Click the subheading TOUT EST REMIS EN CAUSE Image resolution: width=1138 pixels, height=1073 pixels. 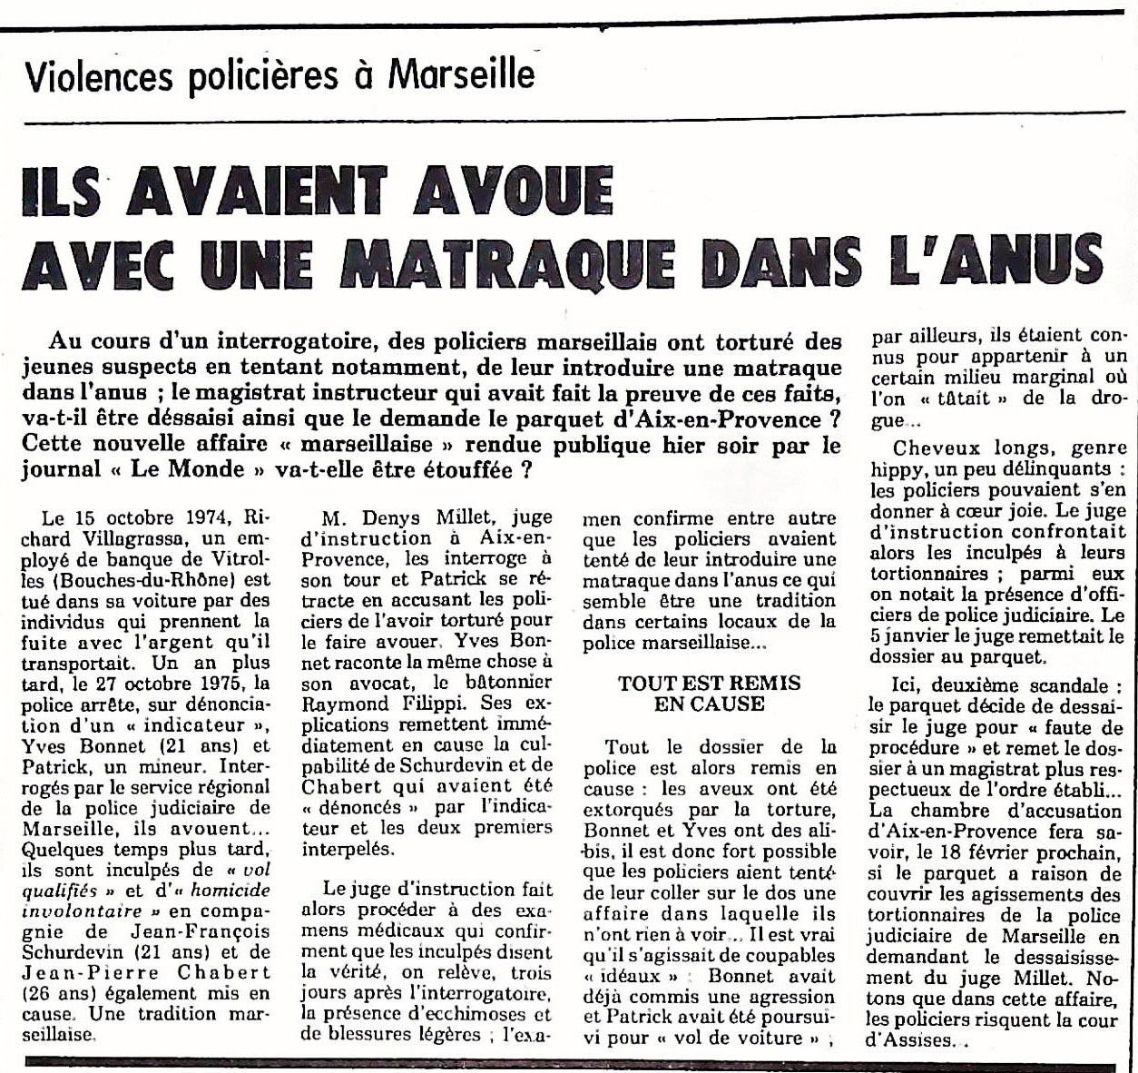(709, 693)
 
